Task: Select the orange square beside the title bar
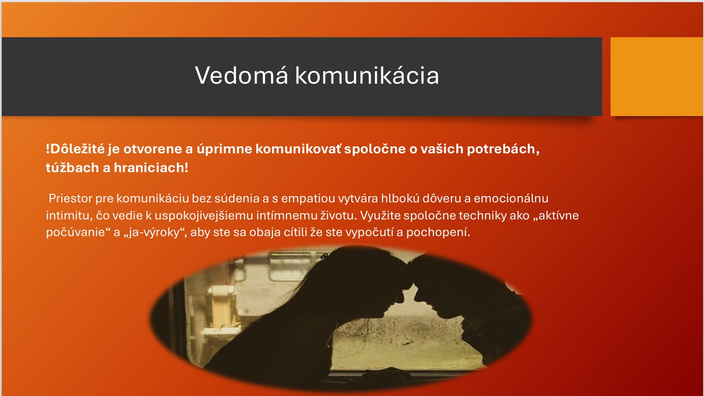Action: (x=657, y=77)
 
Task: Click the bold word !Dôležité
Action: (x=75, y=149)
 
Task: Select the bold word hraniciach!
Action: (x=151, y=168)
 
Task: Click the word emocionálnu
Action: (x=511, y=198)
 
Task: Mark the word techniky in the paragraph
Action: (x=482, y=216)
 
